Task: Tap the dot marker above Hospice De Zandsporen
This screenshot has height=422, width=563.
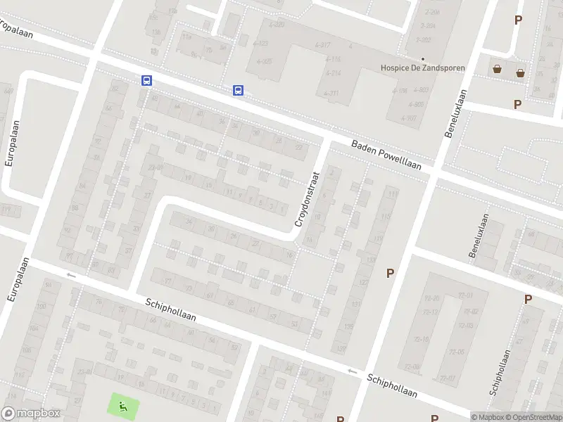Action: [423, 59]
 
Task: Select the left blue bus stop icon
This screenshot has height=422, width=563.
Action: [146, 80]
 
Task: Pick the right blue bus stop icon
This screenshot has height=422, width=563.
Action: [239, 90]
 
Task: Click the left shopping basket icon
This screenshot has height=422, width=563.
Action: [498, 69]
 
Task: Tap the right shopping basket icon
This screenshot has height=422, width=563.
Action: [521, 72]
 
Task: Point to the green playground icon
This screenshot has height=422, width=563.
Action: [123, 404]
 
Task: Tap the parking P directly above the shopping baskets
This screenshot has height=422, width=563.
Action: [518, 20]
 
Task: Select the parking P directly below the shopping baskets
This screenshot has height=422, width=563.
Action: [518, 104]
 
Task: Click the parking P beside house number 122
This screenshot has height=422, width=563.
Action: [389, 273]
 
